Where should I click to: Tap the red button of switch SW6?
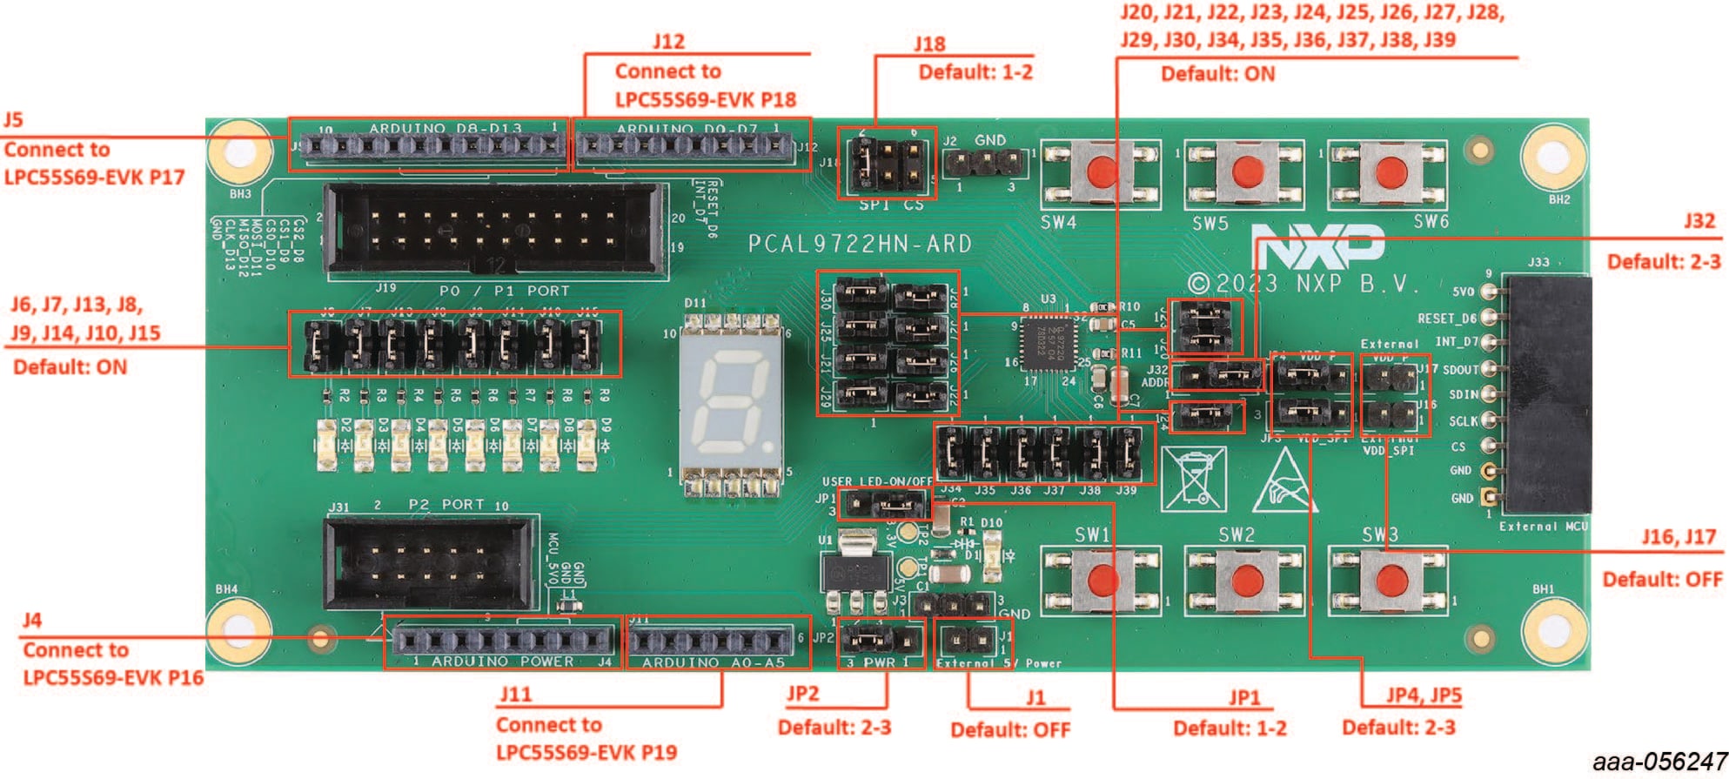click(1390, 171)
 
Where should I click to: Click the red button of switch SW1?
click(1102, 579)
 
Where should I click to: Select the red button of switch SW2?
click(1246, 579)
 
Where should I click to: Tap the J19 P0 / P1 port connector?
click(493, 231)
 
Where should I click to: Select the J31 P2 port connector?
click(429, 563)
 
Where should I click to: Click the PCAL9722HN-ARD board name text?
click(860, 245)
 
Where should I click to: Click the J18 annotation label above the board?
click(929, 44)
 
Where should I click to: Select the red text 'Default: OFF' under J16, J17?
click(1661, 579)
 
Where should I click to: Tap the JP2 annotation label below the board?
click(802, 694)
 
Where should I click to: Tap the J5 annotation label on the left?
click(13, 119)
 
